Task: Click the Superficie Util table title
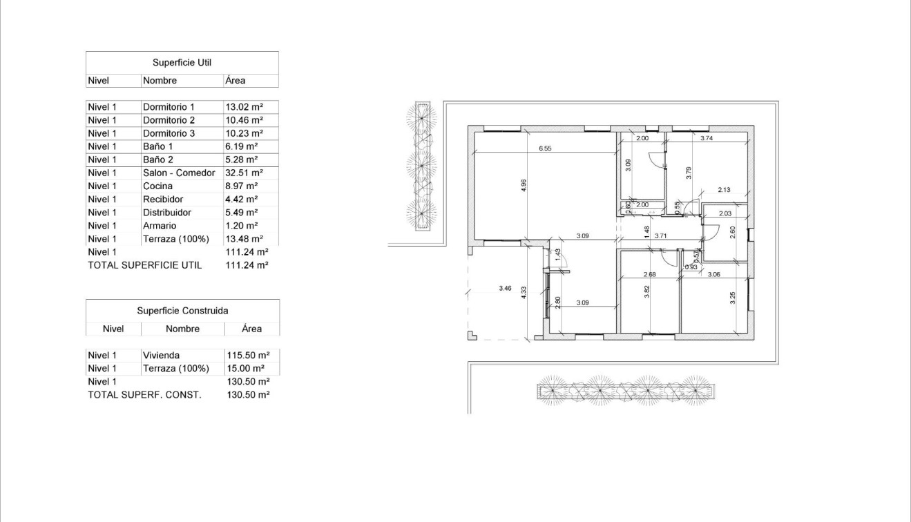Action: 182,63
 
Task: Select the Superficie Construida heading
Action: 182,311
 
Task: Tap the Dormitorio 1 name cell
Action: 169,107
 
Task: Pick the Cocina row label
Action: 157,186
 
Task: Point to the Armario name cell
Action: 160,226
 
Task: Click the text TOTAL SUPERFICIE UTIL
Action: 145,265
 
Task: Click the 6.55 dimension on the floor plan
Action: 546,148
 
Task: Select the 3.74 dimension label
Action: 706,138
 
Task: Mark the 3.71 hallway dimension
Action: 660,236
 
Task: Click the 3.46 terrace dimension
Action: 505,288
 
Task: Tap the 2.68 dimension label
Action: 649,274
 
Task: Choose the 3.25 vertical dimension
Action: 733,298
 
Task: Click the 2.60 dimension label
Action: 733,233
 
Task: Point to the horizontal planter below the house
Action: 626,391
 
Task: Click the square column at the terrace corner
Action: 472,336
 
